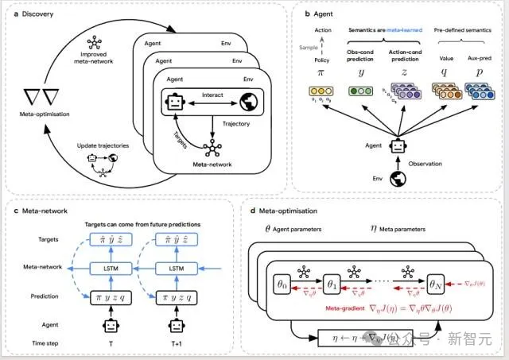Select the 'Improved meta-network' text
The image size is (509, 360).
coord(95,53)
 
